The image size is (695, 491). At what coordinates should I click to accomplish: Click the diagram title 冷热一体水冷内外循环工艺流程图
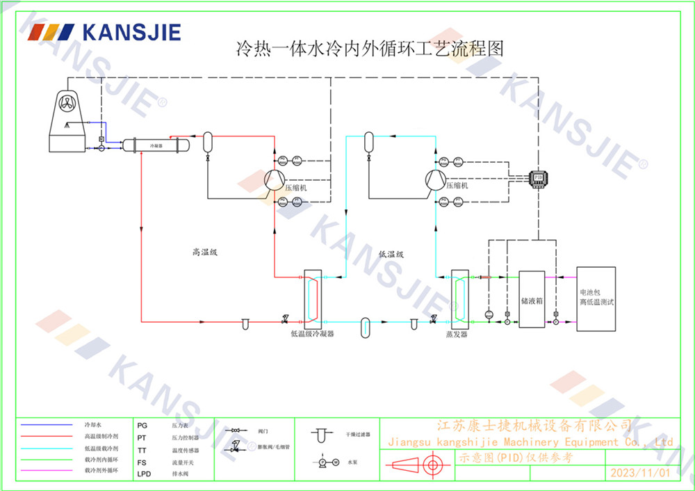(369, 49)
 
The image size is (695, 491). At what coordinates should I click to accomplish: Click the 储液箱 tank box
(532, 301)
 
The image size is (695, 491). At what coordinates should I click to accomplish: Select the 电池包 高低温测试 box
(596, 298)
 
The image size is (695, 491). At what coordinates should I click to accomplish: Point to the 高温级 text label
(205, 253)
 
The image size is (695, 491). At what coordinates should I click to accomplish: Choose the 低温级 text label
(391, 255)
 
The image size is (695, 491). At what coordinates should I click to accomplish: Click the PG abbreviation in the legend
(142, 424)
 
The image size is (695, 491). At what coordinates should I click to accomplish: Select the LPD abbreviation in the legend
(144, 474)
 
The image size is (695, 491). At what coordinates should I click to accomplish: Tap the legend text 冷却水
(93, 424)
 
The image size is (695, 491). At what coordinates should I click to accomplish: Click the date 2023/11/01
(639, 473)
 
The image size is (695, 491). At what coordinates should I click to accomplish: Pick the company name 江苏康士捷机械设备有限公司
(533, 425)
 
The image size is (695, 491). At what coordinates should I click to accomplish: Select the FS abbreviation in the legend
(142, 462)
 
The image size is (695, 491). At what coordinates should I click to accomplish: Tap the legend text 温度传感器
(185, 450)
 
